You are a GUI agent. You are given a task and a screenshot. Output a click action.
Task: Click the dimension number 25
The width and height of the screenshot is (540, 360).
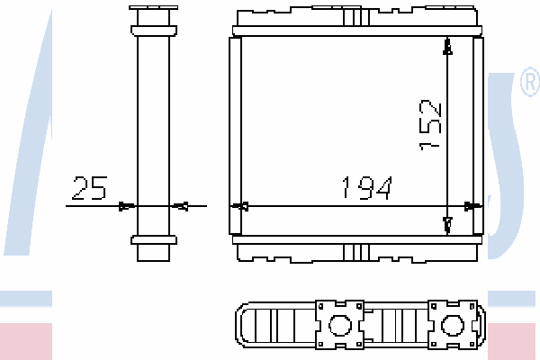click(89, 188)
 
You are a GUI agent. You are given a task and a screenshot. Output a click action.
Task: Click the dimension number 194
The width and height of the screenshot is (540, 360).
click(367, 188)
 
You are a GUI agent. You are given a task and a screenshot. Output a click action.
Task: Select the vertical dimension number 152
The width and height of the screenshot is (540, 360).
click(430, 125)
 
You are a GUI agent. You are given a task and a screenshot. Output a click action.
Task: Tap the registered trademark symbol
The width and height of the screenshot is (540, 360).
click(530, 82)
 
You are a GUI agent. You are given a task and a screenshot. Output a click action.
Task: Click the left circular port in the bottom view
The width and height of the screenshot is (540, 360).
click(340, 325)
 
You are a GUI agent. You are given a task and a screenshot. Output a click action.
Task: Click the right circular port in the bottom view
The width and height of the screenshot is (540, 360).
click(453, 325)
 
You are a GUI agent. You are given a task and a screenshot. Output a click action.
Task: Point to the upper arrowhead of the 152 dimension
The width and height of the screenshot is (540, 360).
click(447, 47)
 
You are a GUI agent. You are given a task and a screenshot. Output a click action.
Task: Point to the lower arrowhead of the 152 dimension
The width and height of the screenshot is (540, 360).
click(447, 225)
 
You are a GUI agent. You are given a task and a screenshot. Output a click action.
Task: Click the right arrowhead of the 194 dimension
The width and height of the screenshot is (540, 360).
click(472, 206)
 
